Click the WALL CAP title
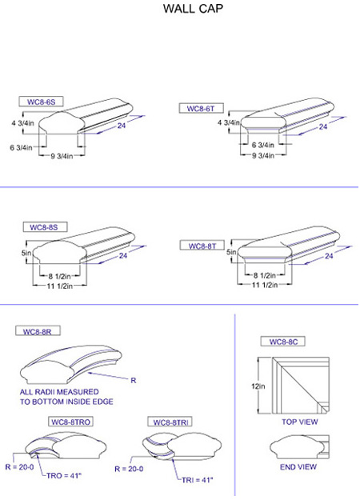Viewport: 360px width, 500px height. (x=193, y=9)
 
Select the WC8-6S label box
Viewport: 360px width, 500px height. (x=41, y=102)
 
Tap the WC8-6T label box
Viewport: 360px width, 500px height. (x=201, y=109)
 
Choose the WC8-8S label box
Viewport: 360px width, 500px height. (x=45, y=226)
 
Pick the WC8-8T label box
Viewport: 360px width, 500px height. (x=202, y=246)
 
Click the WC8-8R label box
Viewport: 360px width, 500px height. (x=38, y=331)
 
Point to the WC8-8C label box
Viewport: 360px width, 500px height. (x=283, y=342)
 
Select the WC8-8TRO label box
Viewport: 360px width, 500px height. (x=70, y=422)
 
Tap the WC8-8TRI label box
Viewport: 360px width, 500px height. (x=170, y=422)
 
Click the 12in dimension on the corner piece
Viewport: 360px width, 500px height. (x=258, y=386)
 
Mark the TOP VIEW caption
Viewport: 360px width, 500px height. (x=300, y=422)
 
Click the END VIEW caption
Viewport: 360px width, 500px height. (x=298, y=467)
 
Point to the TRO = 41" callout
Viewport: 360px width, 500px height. (x=64, y=475)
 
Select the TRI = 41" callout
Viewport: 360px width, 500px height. (x=198, y=479)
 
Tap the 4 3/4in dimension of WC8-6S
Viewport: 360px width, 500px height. (x=22, y=122)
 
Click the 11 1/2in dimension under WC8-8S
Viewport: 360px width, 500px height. (x=60, y=286)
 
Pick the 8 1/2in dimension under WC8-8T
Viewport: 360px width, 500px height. (x=264, y=275)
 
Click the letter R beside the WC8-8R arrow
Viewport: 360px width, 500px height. (x=134, y=380)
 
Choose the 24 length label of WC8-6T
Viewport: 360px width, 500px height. (x=323, y=126)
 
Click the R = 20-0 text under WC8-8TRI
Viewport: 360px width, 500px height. (x=129, y=469)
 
